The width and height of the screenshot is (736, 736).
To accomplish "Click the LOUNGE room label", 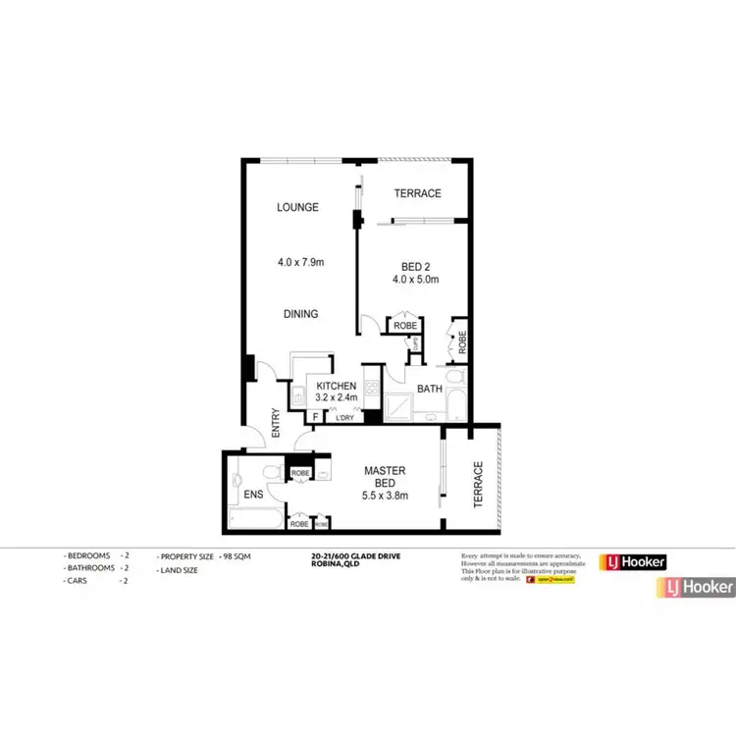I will click(x=297, y=207).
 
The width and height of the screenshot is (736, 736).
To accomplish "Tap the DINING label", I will click(x=300, y=314).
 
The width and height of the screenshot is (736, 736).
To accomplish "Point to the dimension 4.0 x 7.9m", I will click(x=299, y=262).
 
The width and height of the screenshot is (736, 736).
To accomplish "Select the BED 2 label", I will click(x=416, y=267).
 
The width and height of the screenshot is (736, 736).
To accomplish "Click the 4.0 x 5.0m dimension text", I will click(x=416, y=281).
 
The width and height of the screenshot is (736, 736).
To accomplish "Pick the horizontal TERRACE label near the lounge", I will click(x=417, y=193).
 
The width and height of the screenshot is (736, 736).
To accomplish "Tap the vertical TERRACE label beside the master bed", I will click(x=479, y=484).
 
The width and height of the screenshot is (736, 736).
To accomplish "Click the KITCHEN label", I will click(x=336, y=387).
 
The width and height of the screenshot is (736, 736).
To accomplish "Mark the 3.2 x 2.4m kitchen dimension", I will click(x=336, y=398).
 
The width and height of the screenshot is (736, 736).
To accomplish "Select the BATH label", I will click(x=430, y=390).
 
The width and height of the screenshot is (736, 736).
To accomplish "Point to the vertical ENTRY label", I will click(x=277, y=422).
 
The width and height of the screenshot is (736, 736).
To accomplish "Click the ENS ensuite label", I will click(x=253, y=495).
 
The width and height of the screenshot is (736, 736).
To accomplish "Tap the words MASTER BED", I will click(x=386, y=478).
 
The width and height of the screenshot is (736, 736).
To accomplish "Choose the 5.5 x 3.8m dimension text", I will click(x=386, y=497).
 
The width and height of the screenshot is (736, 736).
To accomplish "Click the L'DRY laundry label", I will click(x=344, y=418).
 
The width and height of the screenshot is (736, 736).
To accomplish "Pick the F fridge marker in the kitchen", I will click(x=315, y=417).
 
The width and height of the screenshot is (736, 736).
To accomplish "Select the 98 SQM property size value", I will click(x=235, y=556).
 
